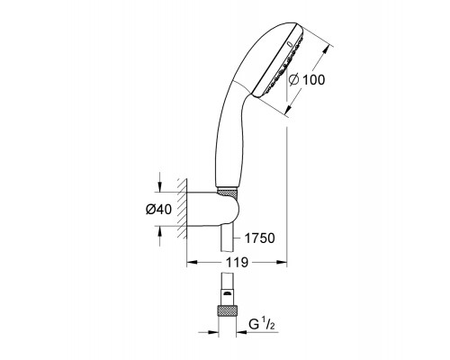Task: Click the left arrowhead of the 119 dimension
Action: pyautogui.click(x=190, y=264)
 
